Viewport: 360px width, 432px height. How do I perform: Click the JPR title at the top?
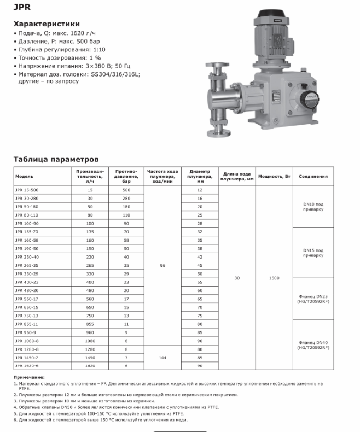21,8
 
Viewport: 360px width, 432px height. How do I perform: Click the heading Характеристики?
47,24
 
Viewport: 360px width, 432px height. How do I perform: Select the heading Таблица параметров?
56,160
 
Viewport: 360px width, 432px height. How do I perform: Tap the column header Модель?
25,177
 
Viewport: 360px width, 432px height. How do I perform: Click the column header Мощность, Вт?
274,177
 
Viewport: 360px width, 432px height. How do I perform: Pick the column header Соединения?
313,177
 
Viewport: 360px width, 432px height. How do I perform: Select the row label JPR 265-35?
27,265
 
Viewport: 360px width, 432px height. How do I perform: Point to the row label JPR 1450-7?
27,357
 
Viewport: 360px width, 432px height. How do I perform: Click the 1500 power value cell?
274,278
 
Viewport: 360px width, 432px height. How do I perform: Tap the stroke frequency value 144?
162,357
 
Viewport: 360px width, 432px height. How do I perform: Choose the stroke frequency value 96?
162,265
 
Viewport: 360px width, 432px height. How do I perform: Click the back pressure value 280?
126,199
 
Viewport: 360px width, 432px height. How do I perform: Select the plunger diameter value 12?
200,190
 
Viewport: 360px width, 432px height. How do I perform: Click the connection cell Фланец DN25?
313,299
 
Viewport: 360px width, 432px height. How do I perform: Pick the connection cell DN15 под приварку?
313,253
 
